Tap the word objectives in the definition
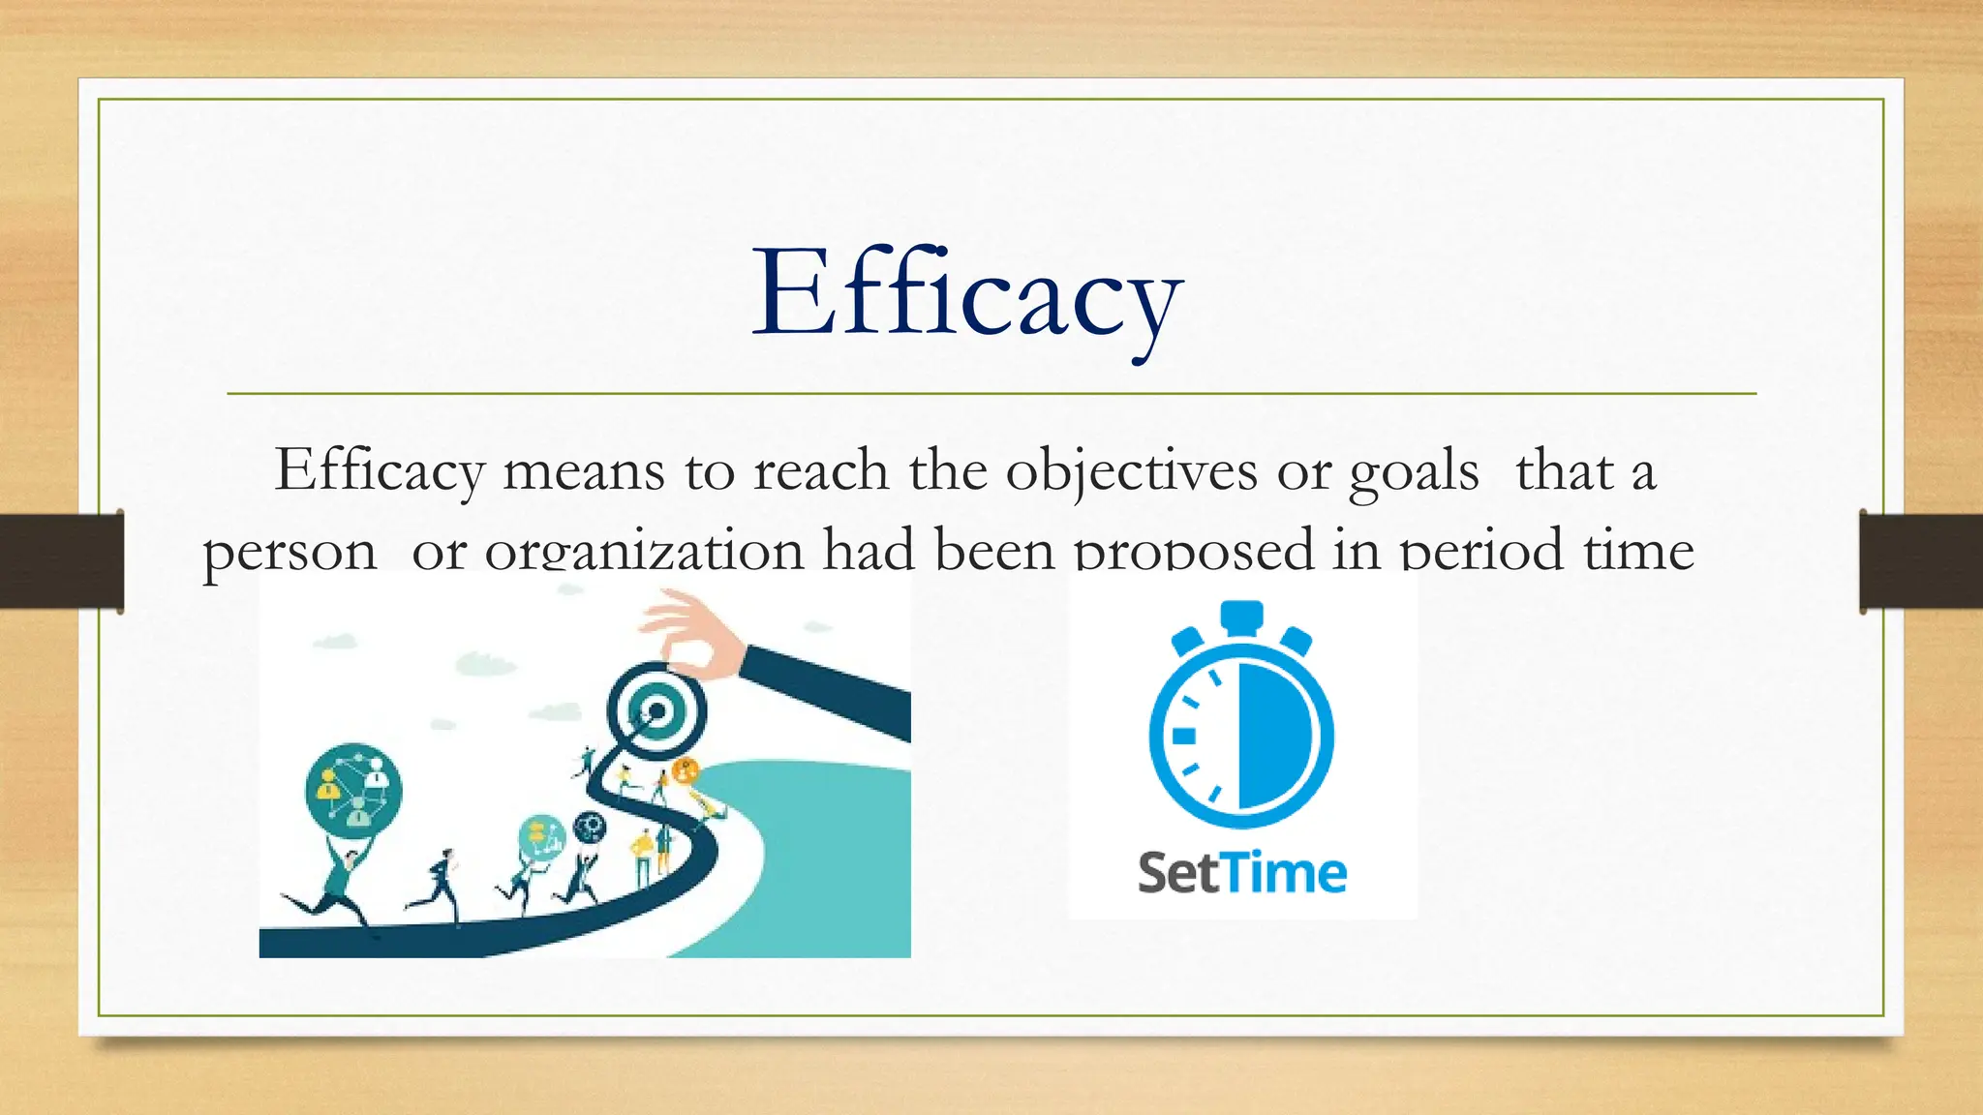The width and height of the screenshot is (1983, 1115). point(1131,472)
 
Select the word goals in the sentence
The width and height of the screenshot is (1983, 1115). point(1414,472)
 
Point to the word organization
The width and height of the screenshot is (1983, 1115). point(644,550)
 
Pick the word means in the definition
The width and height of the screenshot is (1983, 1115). point(583,472)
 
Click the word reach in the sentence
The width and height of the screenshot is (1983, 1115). point(820,472)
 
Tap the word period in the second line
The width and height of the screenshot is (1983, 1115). point(1481,550)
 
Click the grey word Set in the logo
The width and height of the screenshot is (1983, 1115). point(1177,873)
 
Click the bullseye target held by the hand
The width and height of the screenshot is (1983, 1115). point(656,712)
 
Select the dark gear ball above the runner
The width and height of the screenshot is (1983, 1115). point(589,828)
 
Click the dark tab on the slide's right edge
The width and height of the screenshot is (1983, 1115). point(1921,561)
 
